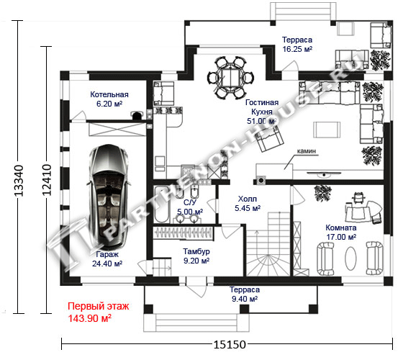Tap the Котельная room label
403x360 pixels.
pos(109,94)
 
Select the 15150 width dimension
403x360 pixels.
pos(230,345)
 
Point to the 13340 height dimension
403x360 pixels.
pos(19,181)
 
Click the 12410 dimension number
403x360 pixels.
pos(47,180)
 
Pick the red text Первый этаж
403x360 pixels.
pos(99,306)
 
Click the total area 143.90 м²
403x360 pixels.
pos(90,318)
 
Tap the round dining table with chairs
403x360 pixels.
pos(230,78)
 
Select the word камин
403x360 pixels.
pos(307,151)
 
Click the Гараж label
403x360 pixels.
pos(107,255)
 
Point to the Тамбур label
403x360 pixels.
pos(196,251)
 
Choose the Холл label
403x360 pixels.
pos(248,199)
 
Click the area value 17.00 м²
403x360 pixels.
pos(341,237)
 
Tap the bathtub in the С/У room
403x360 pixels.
pos(162,204)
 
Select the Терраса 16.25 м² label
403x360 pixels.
pos(297,44)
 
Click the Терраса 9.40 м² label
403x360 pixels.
pos(245,294)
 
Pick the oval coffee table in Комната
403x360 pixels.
pos(350,258)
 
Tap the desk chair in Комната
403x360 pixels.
pos(358,197)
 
